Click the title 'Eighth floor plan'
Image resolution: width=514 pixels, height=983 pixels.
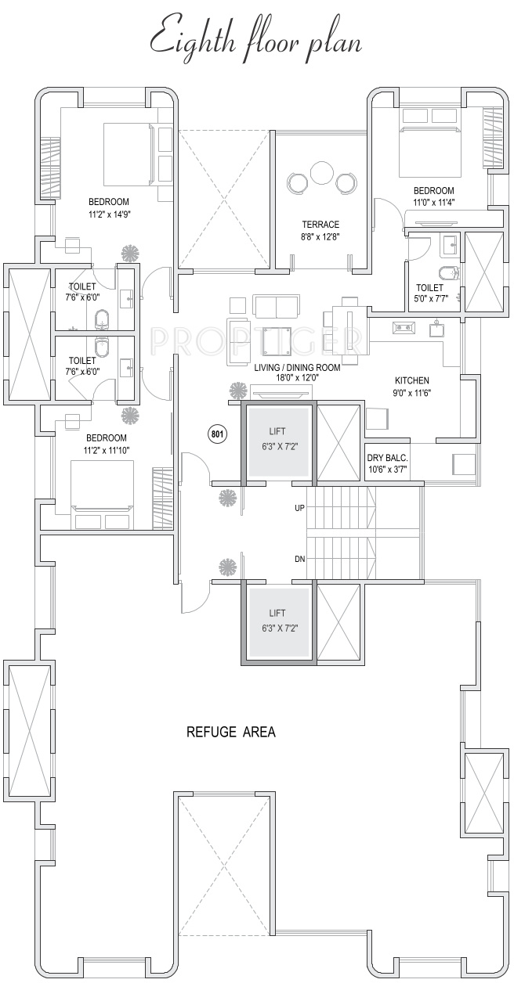pos(256,39)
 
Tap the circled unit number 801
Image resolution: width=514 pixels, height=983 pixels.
pos(216,434)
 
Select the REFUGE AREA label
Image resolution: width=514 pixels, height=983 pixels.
pos(230,733)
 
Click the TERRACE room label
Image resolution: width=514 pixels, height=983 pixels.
pos(320,225)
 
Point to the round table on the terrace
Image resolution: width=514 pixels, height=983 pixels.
pos(321,173)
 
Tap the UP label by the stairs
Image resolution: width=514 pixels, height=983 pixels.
pos(299,508)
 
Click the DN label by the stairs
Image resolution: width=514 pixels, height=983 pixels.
pos(299,559)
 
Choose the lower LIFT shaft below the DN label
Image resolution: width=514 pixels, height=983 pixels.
pos(277,621)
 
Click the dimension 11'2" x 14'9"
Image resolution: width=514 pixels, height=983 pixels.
pos(109,213)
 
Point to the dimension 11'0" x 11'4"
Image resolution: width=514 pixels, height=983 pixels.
pos(433,202)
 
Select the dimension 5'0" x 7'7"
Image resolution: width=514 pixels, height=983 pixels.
pos(430,298)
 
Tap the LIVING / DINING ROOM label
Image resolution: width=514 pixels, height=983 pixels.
pos(297,367)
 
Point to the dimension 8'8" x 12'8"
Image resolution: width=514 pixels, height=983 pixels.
pos(320,236)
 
